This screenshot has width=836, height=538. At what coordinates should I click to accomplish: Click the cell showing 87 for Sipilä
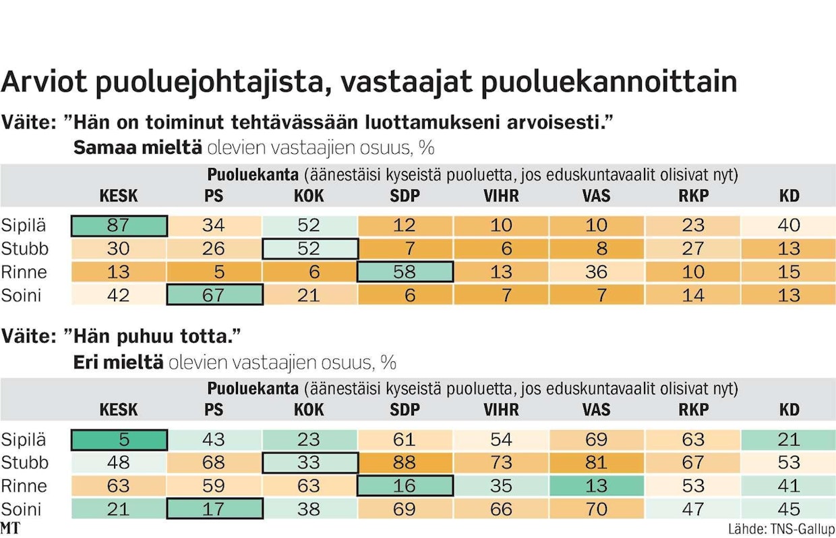(119, 225)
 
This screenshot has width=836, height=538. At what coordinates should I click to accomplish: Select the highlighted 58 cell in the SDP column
(405, 272)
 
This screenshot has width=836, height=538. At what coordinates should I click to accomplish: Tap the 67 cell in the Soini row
(214, 295)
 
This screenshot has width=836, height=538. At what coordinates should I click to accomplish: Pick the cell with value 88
(405, 463)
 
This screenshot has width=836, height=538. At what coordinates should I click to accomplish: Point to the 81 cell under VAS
(597, 463)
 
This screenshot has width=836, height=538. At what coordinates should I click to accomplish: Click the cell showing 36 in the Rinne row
(597, 272)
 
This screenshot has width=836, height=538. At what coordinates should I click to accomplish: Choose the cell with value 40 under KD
(788, 225)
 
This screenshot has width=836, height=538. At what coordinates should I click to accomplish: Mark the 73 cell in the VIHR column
(501, 463)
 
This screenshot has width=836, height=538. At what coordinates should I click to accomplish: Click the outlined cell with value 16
(405, 486)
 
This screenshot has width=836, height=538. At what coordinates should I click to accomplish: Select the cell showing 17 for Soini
(214, 509)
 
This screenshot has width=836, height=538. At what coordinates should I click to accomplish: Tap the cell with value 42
(119, 295)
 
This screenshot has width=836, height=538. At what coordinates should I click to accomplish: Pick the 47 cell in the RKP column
(692, 509)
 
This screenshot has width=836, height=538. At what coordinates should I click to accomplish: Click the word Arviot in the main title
(42, 82)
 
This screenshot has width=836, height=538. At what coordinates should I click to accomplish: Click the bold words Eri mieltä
(118, 362)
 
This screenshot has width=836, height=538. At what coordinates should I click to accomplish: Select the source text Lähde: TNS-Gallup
(781, 529)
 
